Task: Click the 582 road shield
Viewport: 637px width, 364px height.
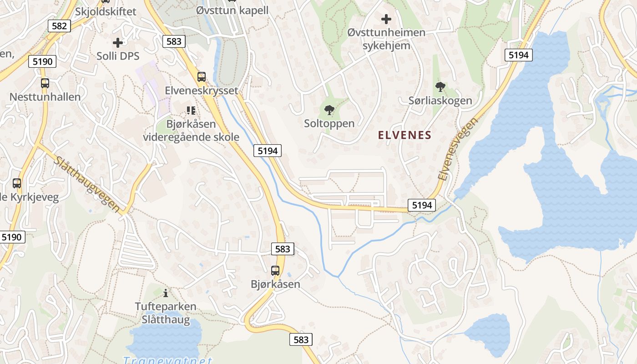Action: click(x=59, y=26)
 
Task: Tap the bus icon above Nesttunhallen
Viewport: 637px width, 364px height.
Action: click(x=45, y=83)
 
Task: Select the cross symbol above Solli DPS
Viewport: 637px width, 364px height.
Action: click(x=118, y=43)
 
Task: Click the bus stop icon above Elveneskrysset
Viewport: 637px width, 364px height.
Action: click(x=202, y=77)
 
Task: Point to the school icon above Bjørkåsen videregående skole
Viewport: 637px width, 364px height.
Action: click(x=191, y=110)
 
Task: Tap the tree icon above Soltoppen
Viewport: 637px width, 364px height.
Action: click(x=329, y=110)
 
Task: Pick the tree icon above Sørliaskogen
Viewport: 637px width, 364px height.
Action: click(x=440, y=86)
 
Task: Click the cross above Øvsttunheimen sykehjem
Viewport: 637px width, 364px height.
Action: click(x=386, y=19)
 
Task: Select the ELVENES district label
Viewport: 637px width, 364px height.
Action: click(x=405, y=135)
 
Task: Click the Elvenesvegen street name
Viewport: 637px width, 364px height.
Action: click(x=458, y=149)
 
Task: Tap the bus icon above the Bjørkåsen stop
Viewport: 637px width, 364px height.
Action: click(x=275, y=271)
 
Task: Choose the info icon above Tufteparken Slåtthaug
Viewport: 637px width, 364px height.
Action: click(x=166, y=293)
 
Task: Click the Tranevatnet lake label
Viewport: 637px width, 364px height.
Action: click(x=167, y=359)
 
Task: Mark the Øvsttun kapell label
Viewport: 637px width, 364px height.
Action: click(x=233, y=10)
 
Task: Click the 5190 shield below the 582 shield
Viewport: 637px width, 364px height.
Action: click(x=43, y=61)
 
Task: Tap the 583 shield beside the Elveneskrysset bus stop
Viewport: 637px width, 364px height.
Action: click(x=174, y=41)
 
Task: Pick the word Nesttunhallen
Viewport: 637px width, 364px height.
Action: click(x=45, y=97)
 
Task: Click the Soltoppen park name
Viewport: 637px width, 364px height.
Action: click(x=329, y=123)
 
